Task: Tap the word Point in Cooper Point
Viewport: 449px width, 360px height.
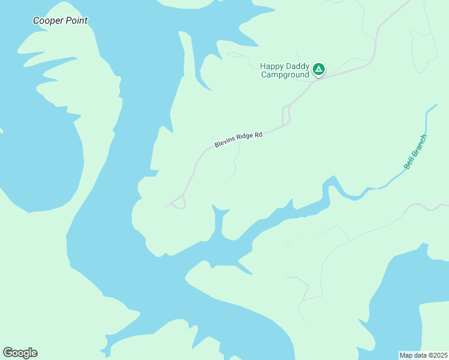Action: [x=76, y=21]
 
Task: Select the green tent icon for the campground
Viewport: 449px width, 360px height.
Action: [x=319, y=70]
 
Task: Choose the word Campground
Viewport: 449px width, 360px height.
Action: [x=285, y=75]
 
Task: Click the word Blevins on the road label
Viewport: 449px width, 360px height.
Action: [x=226, y=143]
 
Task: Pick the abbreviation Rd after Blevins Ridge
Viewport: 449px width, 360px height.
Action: [x=259, y=134]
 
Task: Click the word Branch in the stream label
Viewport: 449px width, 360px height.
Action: [x=419, y=147]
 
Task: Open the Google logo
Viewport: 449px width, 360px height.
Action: [x=20, y=353]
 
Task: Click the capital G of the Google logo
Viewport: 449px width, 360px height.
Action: [x=8, y=353]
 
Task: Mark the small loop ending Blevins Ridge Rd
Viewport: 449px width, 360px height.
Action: [x=178, y=203]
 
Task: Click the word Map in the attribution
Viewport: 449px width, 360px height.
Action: [x=406, y=355]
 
